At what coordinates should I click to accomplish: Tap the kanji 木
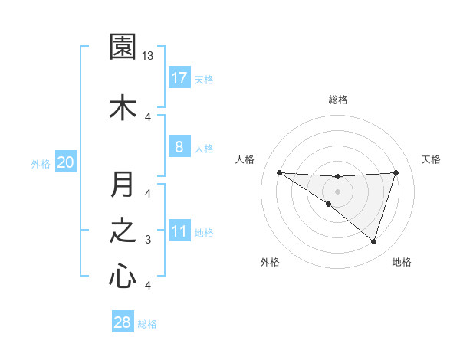click(x=123, y=106)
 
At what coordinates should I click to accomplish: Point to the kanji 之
click(x=123, y=231)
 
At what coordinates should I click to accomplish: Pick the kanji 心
click(x=123, y=276)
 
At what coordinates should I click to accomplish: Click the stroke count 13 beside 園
click(x=148, y=56)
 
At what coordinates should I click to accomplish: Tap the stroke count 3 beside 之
click(x=148, y=240)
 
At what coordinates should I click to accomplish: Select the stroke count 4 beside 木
click(x=148, y=116)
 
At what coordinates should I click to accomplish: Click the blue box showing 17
click(x=179, y=78)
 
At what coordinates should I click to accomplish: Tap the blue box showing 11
click(x=179, y=231)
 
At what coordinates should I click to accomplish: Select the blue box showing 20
click(x=66, y=162)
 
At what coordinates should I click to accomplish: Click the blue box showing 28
click(x=123, y=322)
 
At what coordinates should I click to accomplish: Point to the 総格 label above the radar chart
click(x=338, y=100)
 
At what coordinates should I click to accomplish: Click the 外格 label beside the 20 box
click(x=41, y=163)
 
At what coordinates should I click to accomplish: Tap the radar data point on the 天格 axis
click(x=396, y=172)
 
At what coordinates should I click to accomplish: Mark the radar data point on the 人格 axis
click(x=279, y=172)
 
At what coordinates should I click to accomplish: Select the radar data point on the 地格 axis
click(x=374, y=242)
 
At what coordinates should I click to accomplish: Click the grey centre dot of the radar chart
click(x=338, y=191)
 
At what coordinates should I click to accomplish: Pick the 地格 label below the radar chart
click(x=402, y=262)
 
